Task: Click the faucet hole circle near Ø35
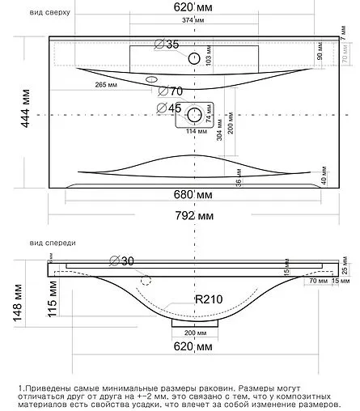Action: [193, 58]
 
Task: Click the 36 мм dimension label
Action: [239, 183]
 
